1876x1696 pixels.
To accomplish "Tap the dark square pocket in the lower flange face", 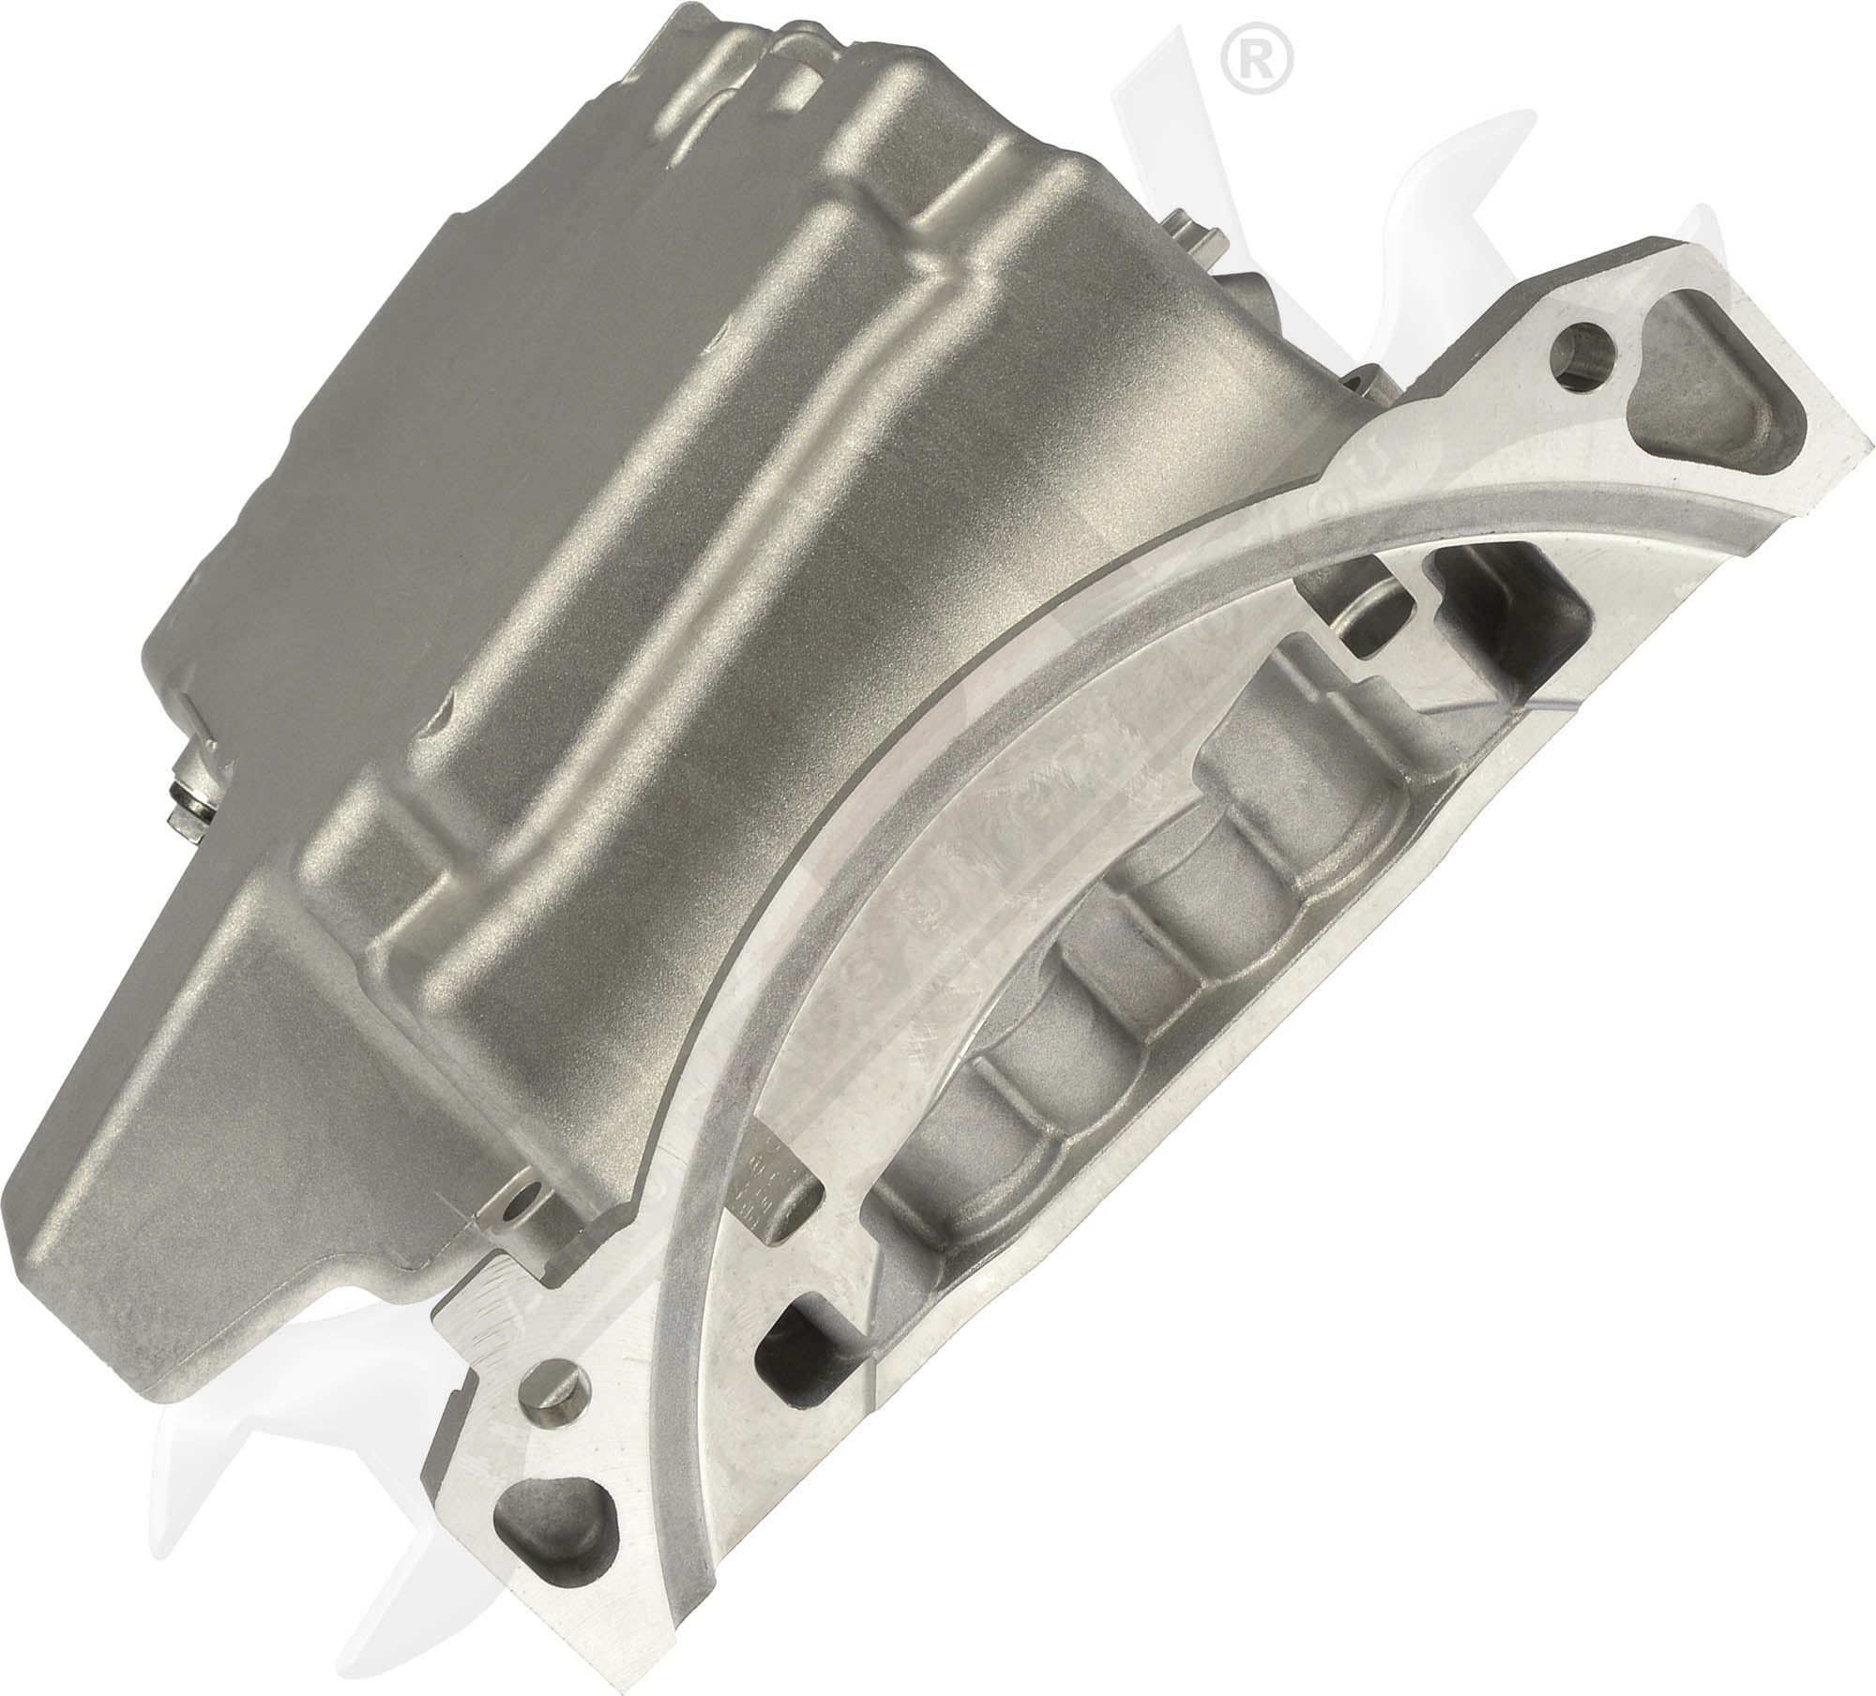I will click(788, 1332).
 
